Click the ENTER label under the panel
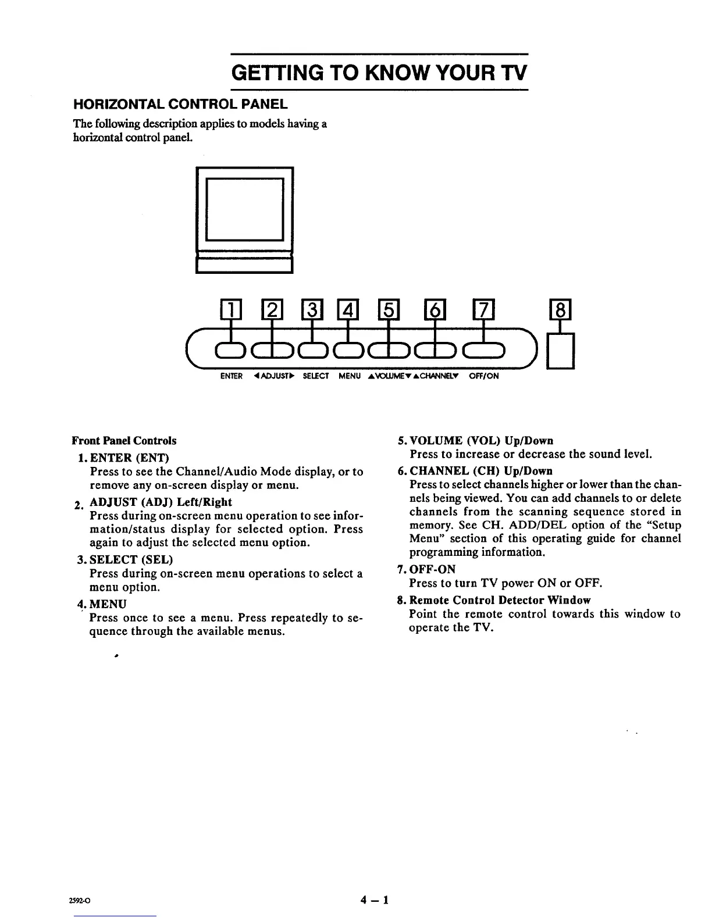(x=232, y=376)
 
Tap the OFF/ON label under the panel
(x=484, y=376)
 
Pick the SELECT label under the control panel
(x=316, y=376)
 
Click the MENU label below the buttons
(x=350, y=376)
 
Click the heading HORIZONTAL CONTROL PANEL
(x=180, y=105)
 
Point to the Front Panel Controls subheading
(x=124, y=441)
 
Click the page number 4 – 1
(x=374, y=901)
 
